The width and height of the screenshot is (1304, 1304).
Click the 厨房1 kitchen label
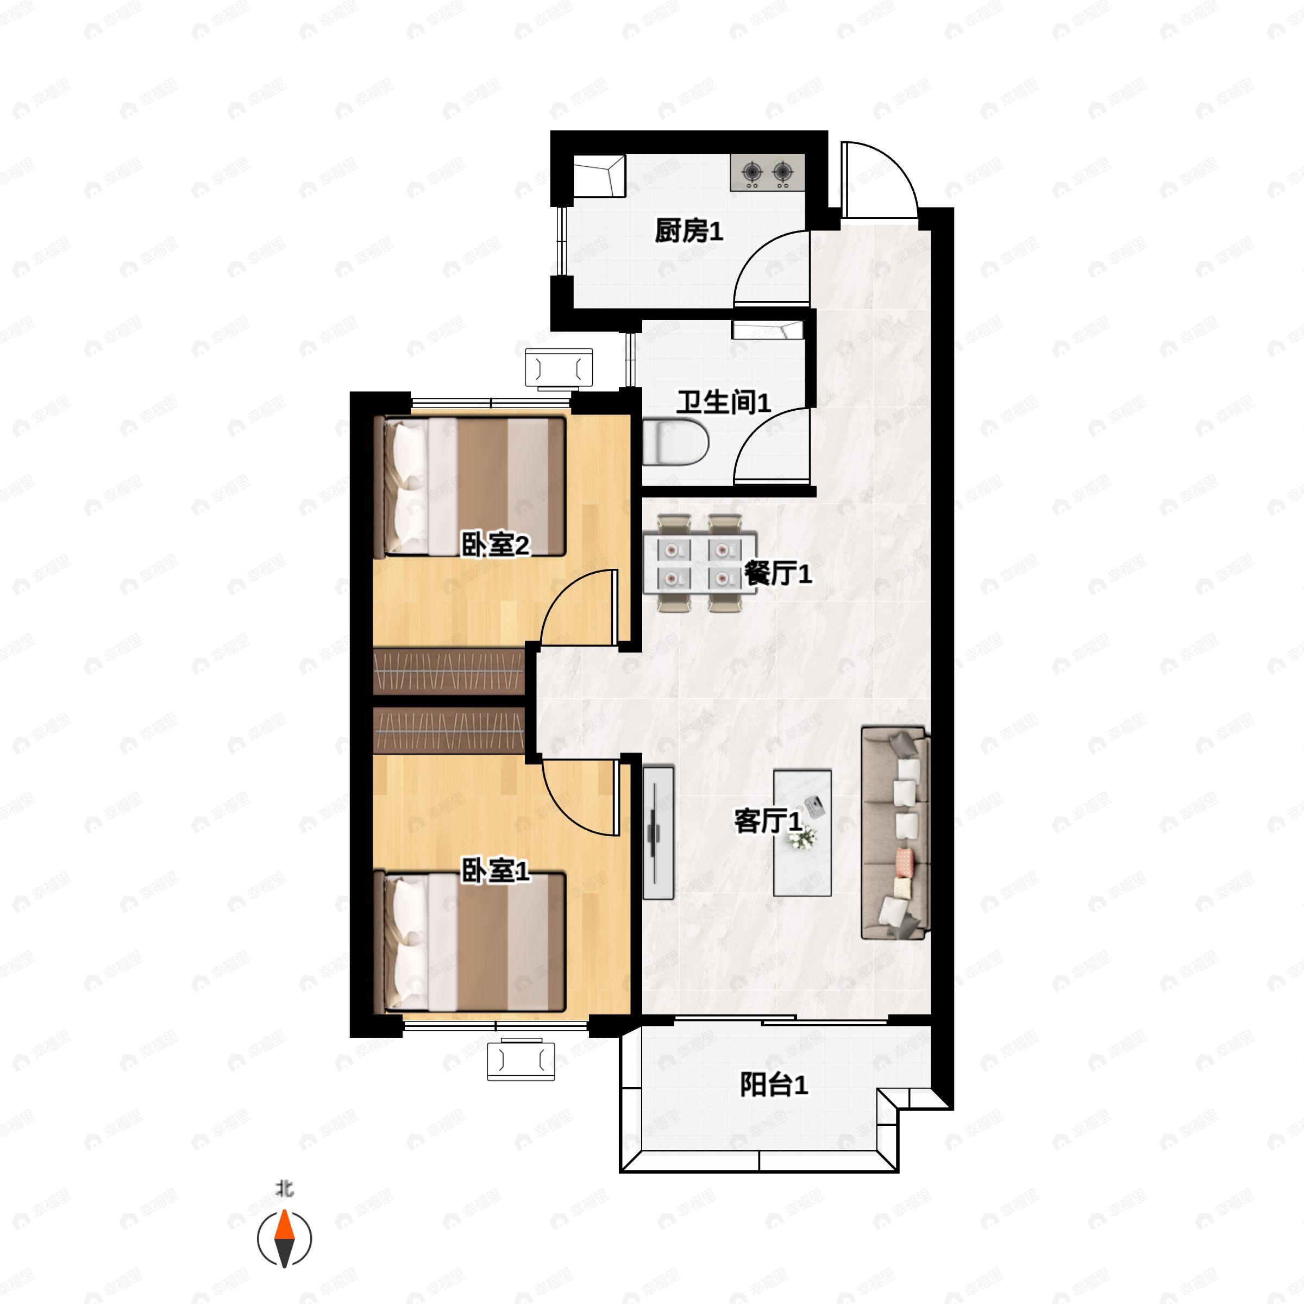(689, 231)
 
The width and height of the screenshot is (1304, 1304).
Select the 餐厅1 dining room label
(778, 574)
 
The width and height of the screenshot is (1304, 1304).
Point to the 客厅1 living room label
(768, 822)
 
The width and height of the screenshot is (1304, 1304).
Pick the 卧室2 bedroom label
(496, 544)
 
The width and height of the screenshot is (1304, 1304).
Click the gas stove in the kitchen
(767, 172)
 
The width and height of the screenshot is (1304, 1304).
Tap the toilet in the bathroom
(675, 442)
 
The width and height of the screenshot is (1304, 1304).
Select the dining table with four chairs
(700, 563)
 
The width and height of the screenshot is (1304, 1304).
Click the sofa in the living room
(895, 833)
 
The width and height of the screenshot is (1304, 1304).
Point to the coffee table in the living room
(802, 833)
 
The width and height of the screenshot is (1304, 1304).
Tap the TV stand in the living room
(658, 833)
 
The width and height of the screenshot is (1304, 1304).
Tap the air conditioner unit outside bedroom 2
(559, 368)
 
